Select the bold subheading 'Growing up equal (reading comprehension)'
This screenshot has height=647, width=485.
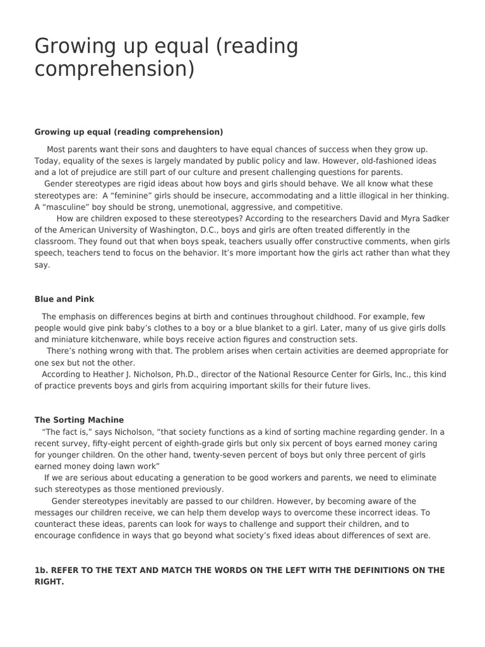point(129,132)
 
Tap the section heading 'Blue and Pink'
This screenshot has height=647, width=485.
point(64,299)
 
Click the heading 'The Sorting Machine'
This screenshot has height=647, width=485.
point(79,420)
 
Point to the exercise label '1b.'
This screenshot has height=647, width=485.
point(42,570)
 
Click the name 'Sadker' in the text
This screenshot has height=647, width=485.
point(433,219)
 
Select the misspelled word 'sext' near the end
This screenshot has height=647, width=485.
point(400,535)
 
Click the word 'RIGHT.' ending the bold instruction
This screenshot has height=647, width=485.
point(49,581)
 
